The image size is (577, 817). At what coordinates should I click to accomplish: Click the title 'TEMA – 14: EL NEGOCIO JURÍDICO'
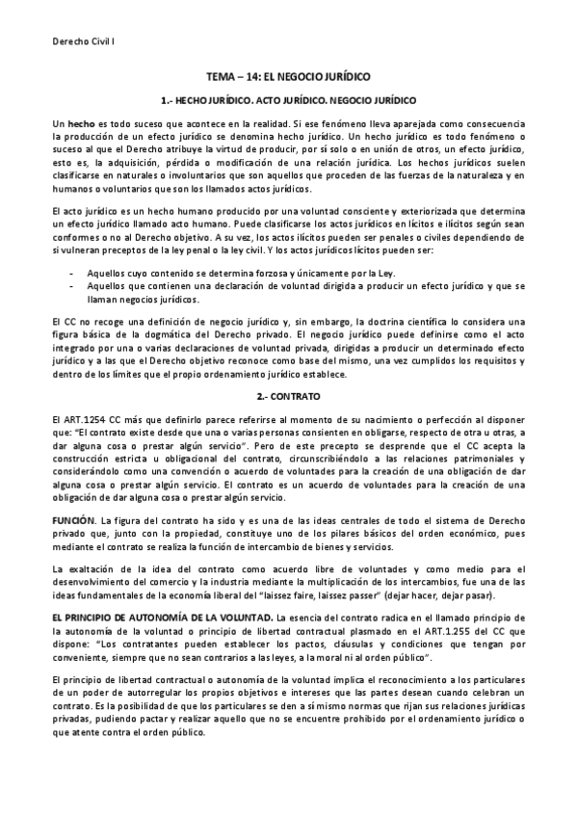[x=288, y=75]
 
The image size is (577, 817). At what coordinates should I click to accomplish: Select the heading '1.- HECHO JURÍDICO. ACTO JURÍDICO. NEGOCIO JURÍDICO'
[x=288, y=100]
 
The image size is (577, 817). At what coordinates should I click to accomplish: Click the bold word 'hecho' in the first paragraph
[x=81, y=126]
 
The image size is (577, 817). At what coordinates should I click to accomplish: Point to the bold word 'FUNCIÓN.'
[x=73, y=519]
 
